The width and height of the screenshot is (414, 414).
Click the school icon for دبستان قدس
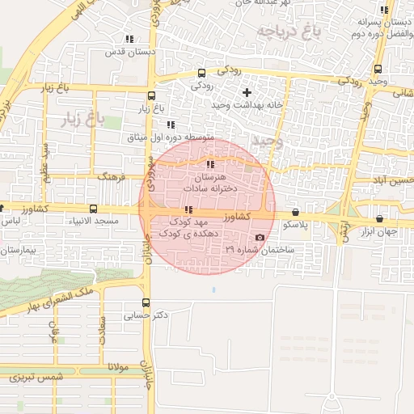[x=129, y=39]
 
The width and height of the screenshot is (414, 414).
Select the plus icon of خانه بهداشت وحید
[x=247, y=92]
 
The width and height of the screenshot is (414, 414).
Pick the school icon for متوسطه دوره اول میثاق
[x=171, y=125]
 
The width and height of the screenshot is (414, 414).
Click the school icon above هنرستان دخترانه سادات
[x=211, y=164]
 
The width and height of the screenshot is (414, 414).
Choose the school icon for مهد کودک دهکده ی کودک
[x=188, y=209]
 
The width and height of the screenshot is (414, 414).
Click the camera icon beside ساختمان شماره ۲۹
[x=260, y=237]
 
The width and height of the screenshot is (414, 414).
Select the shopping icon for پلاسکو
[x=294, y=212]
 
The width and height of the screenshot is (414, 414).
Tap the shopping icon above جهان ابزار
[x=380, y=218]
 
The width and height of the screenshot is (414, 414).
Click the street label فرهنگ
[x=108, y=175]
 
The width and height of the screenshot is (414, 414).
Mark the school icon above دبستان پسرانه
[x=385, y=11]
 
